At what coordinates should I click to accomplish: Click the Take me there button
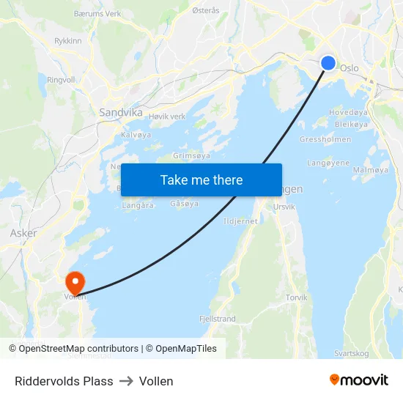coord(202,180)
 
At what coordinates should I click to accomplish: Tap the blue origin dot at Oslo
coord(328,64)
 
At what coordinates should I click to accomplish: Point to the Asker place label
coord(23,233)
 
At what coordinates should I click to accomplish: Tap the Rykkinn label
coord(68,41)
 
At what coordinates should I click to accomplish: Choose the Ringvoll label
coord(61,80)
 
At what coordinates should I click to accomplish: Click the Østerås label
coord(205,11)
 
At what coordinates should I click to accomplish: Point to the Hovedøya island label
coord(348,112)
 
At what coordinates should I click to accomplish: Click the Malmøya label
coord(371,169)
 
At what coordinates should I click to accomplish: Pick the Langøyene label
coord(328,163)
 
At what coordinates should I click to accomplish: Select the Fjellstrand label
coord(218,319)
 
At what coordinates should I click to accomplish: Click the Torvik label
coord(297,297)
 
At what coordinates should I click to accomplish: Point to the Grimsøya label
coord(191,156)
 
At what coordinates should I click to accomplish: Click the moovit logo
coord(359,380)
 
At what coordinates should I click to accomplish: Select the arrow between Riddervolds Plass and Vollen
coord(126,381)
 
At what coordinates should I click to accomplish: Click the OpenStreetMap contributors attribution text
coord(78,349)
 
